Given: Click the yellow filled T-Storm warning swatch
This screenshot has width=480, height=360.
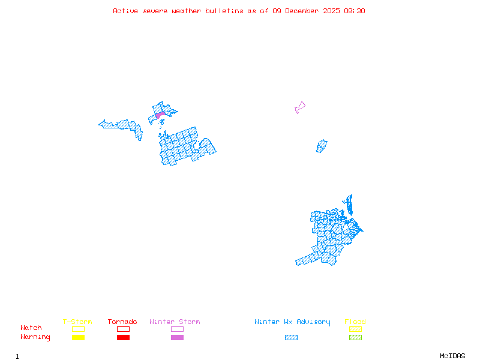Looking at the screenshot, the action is [78, 337].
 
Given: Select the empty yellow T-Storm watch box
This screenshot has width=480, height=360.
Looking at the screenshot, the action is [78, 329].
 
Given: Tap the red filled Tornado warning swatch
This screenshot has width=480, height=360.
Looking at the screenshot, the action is [123, 337].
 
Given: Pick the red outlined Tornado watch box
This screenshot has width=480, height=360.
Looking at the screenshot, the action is [123, 329].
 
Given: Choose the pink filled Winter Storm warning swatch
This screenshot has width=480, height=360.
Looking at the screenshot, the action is [177, 337].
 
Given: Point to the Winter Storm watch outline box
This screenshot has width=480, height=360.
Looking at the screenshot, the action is [177, 329].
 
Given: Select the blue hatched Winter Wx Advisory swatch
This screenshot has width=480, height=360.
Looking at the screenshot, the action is [291, 337].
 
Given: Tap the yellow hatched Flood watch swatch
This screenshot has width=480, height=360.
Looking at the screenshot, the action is [355, 329].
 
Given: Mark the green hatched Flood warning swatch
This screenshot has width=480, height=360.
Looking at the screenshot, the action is [355, 337].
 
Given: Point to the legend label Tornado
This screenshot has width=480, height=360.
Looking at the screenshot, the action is [122, 322].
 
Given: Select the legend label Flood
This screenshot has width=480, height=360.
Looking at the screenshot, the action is [355, 322].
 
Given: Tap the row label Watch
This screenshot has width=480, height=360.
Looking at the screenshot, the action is [31, 328].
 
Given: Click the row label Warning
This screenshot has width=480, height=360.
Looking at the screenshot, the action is [35, 337].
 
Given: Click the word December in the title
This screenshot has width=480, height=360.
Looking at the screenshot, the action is [305, 11].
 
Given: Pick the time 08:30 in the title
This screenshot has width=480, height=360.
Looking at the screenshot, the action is [353, 11].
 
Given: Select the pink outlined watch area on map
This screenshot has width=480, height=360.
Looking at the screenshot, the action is [299, 107].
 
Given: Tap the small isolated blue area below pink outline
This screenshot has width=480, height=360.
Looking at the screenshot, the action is [322, 146].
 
